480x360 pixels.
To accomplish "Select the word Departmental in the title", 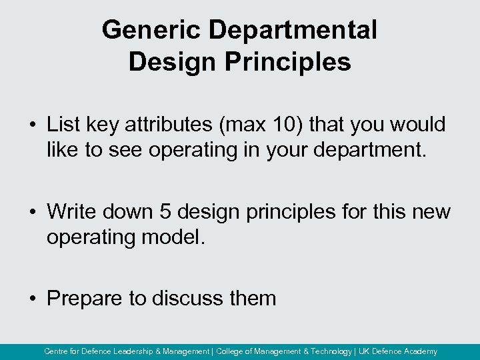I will click(293, 30).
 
